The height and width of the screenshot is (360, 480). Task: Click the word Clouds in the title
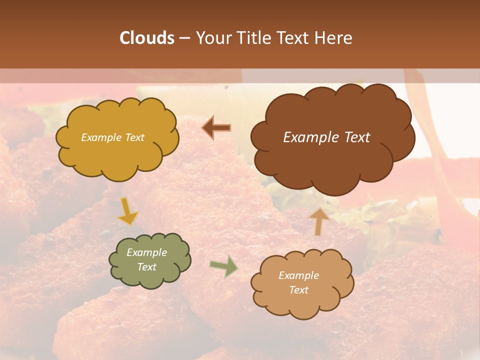pyautogui.click(x=147, y=38)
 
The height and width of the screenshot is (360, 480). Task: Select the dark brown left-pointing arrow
pyautogui.click(x=216, y=128)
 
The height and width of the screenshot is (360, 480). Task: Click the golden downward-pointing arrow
pyautogui.click(x=127, y=211)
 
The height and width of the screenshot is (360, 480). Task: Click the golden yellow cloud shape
pyautogui.click(x=117, y=138)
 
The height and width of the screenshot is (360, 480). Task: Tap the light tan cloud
pyautogui.click(x=302, y=283)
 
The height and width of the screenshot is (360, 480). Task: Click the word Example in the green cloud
pyautogui.click(x=146, y=252)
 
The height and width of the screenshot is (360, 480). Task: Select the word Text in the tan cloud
pyautogui.click(x=298, y=290)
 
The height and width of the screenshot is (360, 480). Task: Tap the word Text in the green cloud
pyautogui.click(x=146, y=267)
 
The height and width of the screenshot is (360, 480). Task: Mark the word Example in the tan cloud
pyautogui.click(x=298, y=275)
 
